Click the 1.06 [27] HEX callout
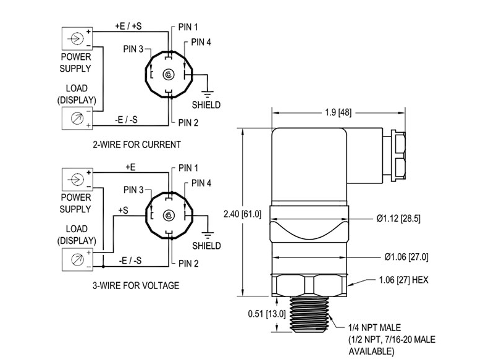(x=403, y=280)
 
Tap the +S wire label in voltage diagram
(x=123, y=211)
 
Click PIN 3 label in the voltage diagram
(x=134, y=190)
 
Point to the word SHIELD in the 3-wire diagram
(x=206, y=246)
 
